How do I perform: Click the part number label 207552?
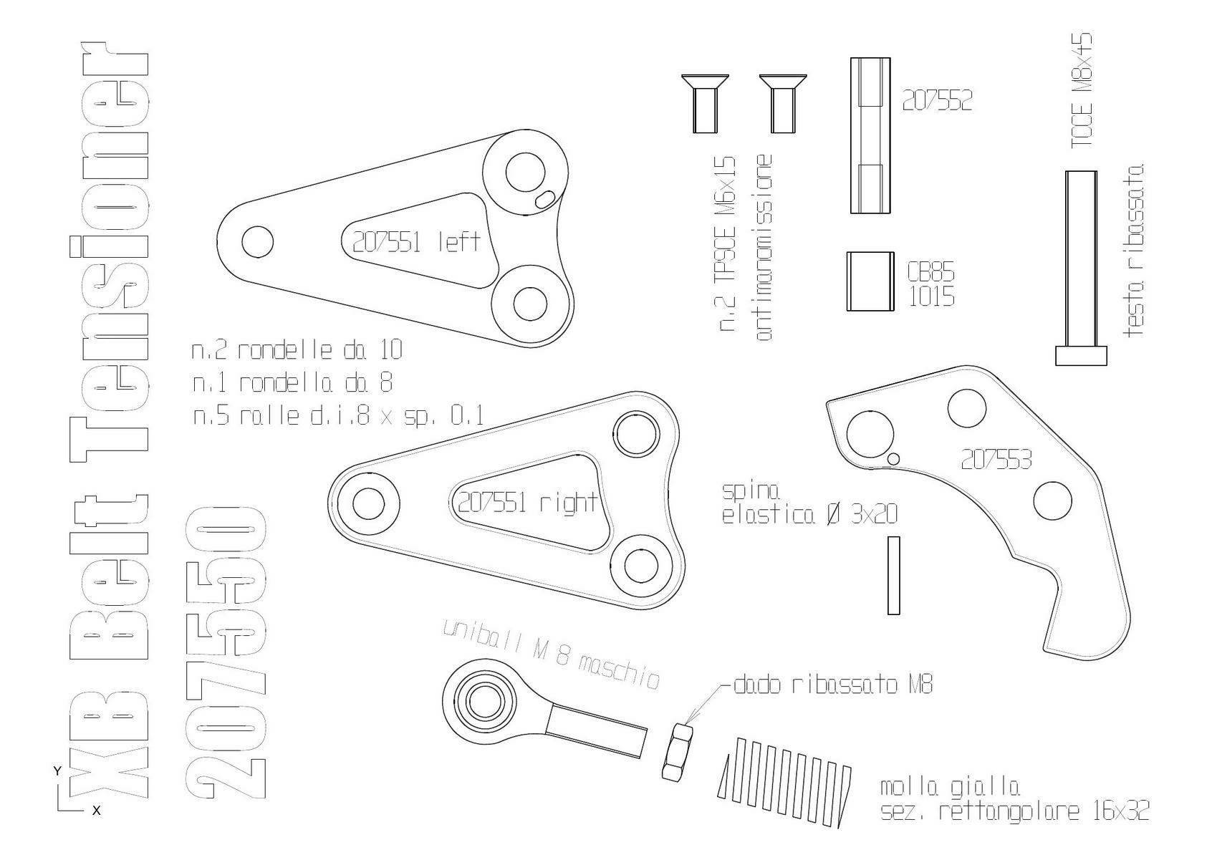[x=937, y=100]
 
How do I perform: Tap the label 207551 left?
[x=416, y=242]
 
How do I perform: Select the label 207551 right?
[x=527, y=503]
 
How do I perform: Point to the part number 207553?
[x=996, y=460]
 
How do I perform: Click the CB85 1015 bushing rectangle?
[x=870, y=281]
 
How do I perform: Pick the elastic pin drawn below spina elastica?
[x=894, y=576]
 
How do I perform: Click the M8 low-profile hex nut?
[x=678, y=752]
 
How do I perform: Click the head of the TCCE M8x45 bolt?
[x=1081, y=356]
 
